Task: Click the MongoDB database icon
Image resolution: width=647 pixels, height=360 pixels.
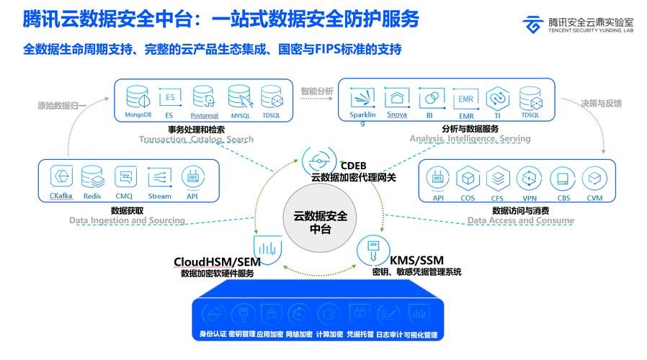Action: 136,97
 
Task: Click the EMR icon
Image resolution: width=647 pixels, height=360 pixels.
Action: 465,97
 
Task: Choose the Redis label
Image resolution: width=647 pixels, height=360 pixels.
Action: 92,196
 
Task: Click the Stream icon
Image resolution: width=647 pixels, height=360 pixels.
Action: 159,177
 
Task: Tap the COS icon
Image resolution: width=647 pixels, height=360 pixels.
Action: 468,178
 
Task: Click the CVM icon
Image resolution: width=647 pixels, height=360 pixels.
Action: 594,178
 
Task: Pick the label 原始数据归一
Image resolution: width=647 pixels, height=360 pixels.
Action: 62,105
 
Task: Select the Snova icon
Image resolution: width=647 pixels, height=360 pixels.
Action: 396,97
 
